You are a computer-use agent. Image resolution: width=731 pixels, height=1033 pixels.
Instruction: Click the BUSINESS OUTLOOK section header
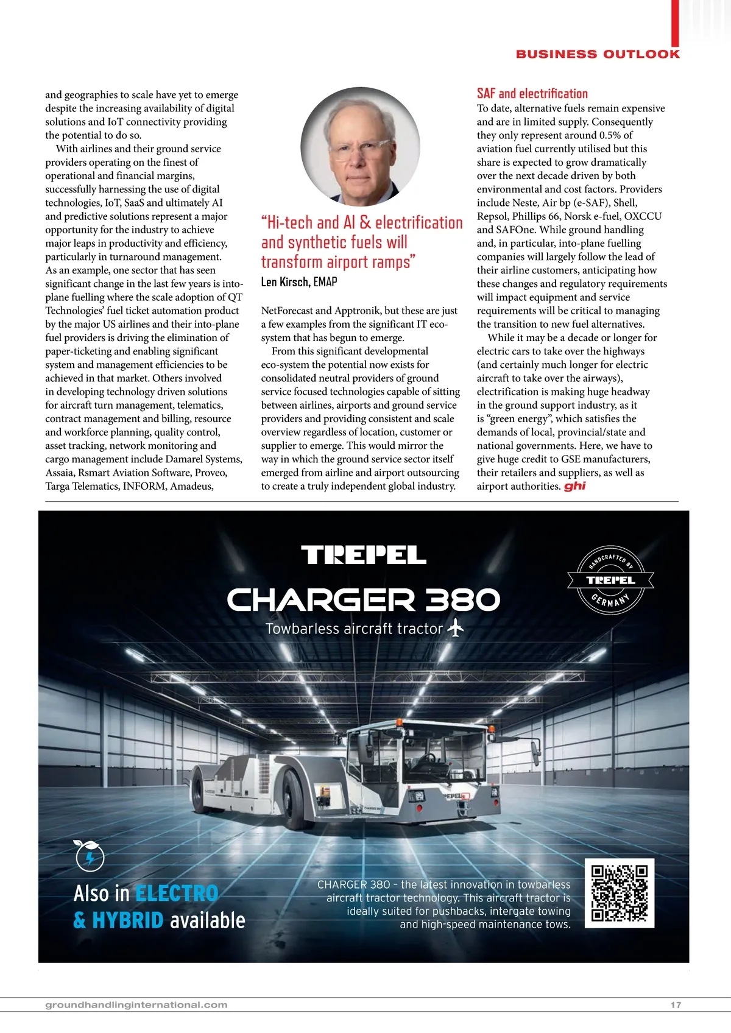point(598,54)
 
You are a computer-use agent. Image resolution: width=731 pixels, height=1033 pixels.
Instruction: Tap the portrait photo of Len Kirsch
point(360,147)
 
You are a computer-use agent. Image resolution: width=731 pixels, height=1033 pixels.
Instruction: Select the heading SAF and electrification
point(532,94)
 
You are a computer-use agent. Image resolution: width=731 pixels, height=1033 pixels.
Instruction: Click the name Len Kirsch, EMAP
point(299,282)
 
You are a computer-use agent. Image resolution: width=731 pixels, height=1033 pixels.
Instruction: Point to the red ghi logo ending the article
point(574,486)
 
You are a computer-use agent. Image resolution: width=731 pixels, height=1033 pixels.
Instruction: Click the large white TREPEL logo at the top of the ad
point(364,555)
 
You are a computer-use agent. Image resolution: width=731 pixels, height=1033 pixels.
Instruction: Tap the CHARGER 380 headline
point(364,600)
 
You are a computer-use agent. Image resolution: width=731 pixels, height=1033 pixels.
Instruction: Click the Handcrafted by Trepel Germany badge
point(610,580)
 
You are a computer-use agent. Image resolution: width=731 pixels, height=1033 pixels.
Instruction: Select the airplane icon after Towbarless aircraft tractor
point(455,628)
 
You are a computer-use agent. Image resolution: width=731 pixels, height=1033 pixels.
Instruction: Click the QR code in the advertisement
point(619,893)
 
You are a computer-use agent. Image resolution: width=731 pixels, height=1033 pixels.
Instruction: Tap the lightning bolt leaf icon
point(89,856)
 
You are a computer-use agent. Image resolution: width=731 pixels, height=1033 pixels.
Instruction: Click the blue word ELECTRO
point(177,894)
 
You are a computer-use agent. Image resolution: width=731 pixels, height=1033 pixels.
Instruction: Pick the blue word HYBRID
point(128,920)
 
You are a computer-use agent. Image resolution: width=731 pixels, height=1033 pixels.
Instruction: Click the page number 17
point(676,1005)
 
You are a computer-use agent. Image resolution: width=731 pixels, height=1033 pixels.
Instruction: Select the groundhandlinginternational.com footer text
point(136,1005)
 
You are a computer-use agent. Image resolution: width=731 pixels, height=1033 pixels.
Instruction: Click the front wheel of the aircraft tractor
point(295,792)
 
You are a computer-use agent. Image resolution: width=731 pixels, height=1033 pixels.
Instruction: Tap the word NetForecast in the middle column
point(286,311)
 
